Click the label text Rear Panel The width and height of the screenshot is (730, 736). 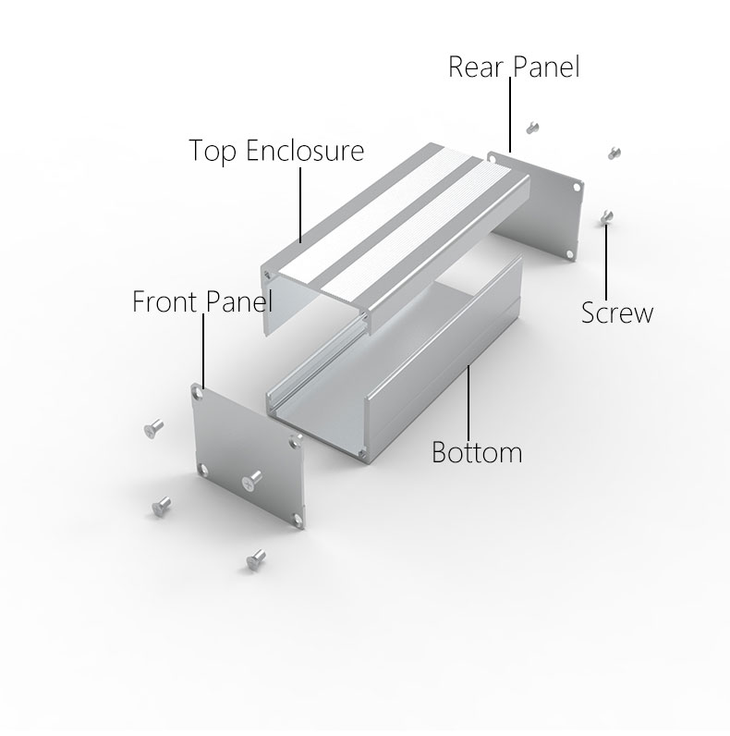(x=514, y=67)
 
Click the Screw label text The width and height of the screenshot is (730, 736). (x=616, y=313)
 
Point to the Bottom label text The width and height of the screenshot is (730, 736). (x=477, y=454)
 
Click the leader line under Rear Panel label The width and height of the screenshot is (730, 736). (x=509, y=116)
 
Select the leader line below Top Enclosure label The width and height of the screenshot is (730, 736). (x=301, y=203)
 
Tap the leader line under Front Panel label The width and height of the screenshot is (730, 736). (x=202, y=351)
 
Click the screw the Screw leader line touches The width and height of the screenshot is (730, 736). (x=605, y=216)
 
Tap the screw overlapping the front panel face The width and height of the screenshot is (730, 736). (x=251, y=478)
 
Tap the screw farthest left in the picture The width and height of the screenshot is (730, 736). (x=152, y=428)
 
